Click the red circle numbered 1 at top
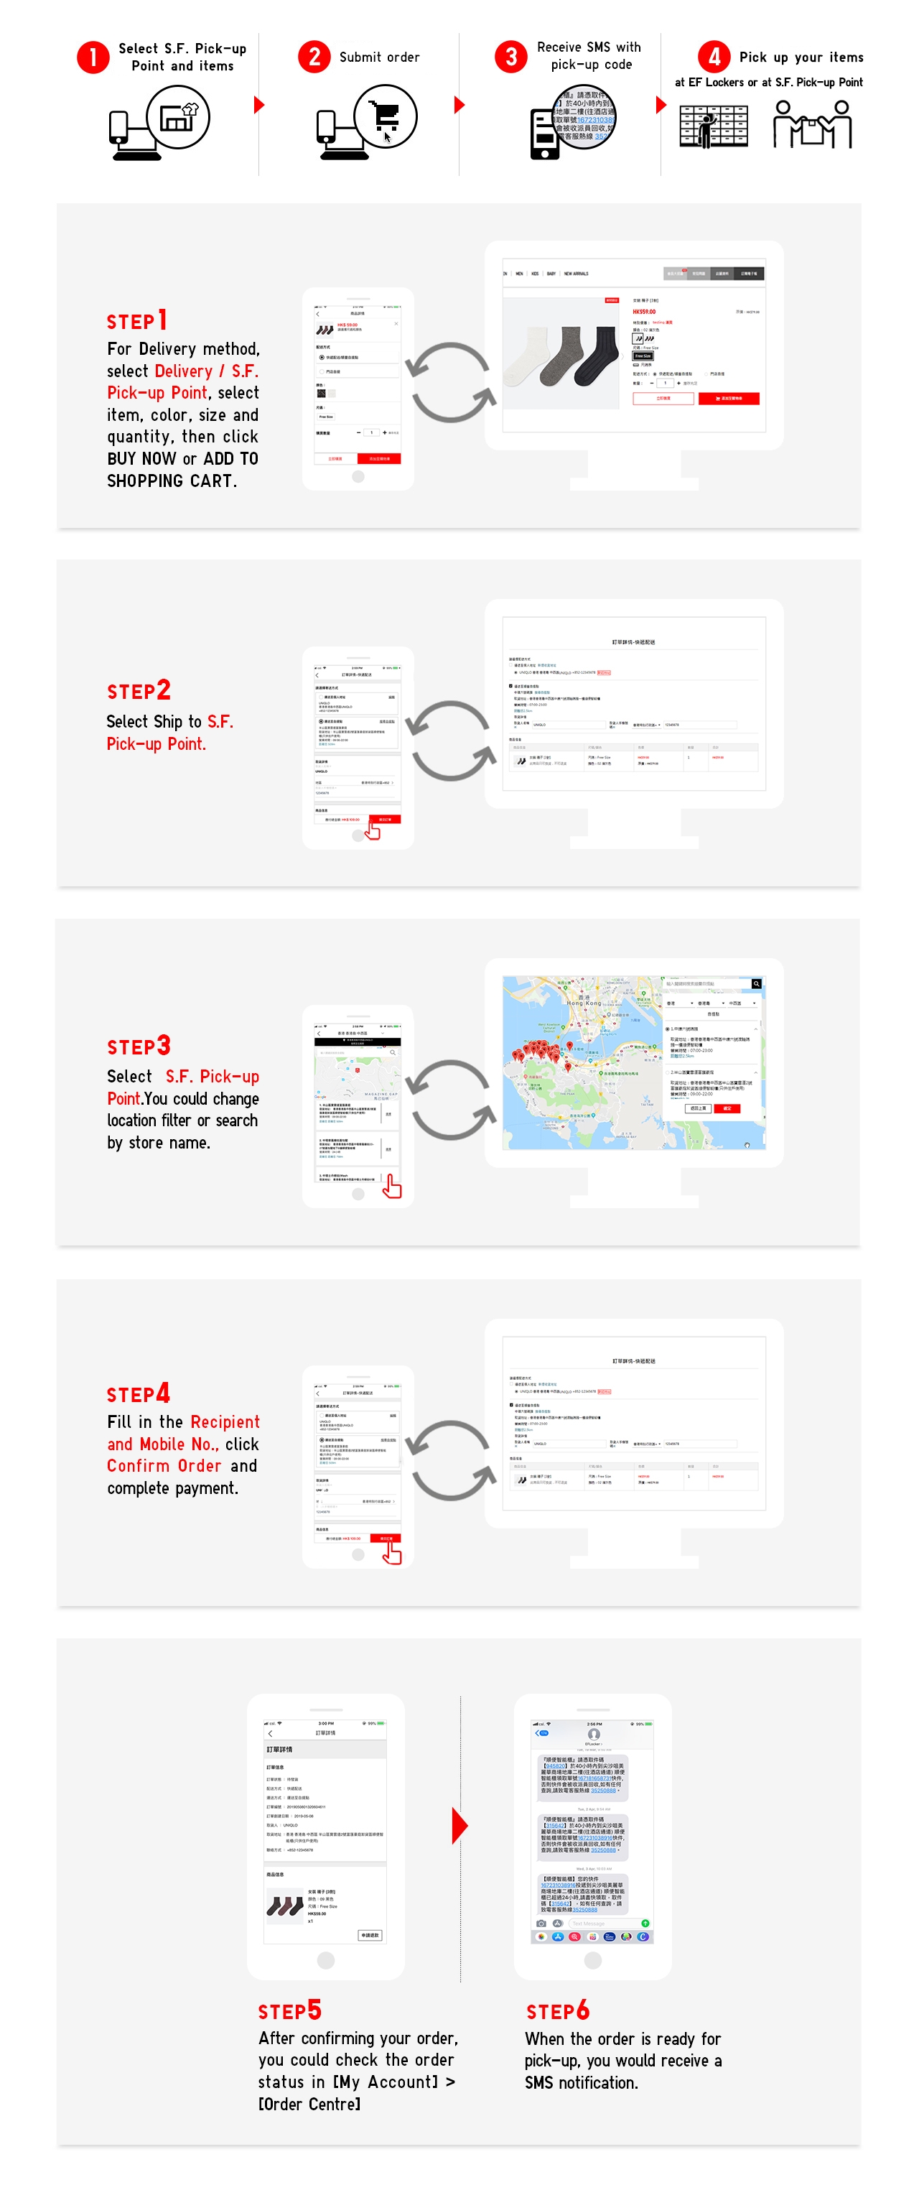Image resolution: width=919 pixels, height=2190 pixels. (x=93, y=57)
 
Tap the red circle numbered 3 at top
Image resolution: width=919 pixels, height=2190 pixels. (x=511, y=57)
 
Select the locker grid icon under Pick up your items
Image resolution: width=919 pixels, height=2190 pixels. (x=713, y=126)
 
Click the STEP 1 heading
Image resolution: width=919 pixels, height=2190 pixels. (x=137, y=321)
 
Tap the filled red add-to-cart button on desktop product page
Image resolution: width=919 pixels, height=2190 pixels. (x=729, y=398)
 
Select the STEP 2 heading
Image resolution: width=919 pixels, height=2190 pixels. (x=139, y=690)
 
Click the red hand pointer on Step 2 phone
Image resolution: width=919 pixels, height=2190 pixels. (x=373, y=830)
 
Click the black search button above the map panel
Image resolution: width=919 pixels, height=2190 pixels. (x=756, y=983)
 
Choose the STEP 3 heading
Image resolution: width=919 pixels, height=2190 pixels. (x=139, y=1046)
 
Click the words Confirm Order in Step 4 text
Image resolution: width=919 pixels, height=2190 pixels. (x=164, y=1466)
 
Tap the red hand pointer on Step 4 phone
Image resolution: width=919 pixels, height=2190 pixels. (x=391, y=1553)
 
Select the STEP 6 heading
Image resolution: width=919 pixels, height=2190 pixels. (x=558, y=2010)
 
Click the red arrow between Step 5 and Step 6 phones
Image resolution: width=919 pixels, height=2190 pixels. (x=459, y=1825)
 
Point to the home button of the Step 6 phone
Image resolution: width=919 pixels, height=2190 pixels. (x=592, y=1959)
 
